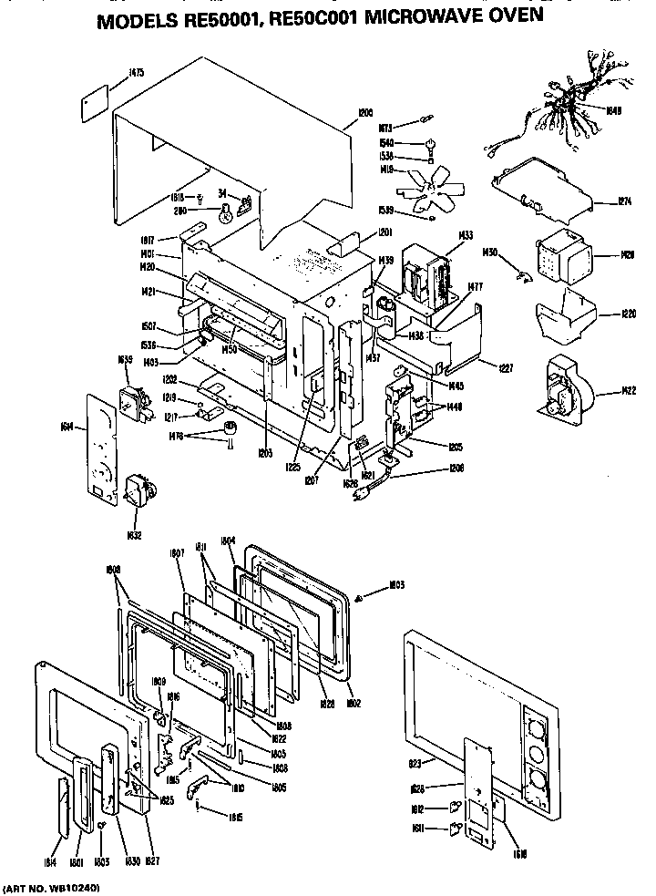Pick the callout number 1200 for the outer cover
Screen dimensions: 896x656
coord(364,113)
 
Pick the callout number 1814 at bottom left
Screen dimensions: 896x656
coord(48,860)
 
